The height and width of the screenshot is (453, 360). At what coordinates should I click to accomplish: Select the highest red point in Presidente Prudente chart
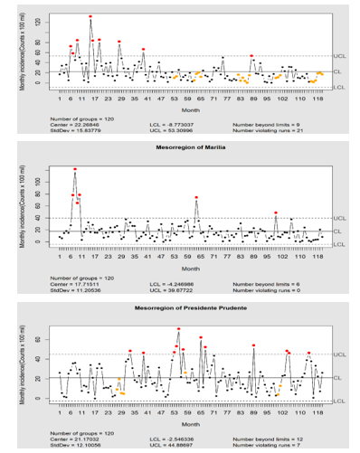point(178,329)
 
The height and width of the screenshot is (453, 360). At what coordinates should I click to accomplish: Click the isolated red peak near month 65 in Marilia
point(196,197)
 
